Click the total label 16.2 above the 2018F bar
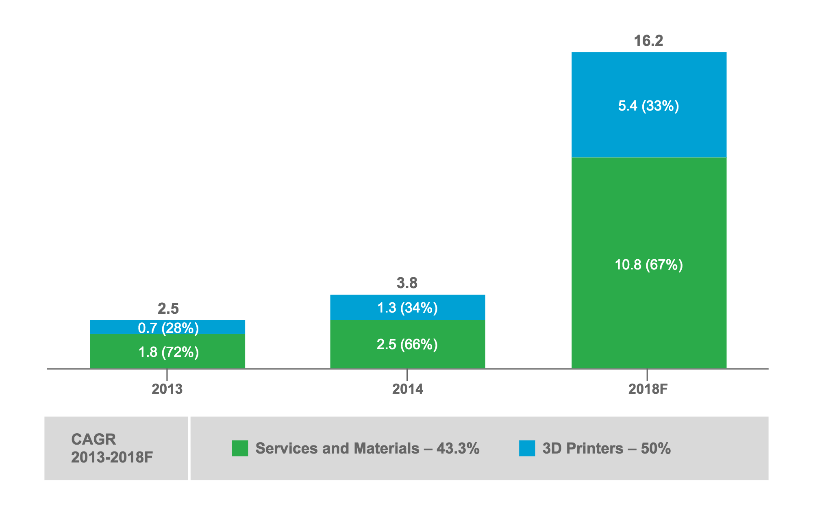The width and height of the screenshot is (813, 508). (x=648, y=41)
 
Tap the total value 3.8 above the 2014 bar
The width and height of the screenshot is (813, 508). (x=407, y=283)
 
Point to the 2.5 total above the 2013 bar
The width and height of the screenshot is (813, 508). (x=168, y=309)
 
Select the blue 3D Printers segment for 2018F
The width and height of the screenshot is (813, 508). (x=649, y=81)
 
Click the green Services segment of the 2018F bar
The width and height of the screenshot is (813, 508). (x=649, y=211)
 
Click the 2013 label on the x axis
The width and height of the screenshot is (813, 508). (x=167, y=389)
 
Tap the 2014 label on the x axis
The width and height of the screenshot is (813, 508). (x=407, y=389)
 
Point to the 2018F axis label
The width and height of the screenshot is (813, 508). (x=648, y=389)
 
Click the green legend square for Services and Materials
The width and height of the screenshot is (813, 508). (x=240, y=448)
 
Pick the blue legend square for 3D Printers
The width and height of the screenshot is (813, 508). (x=527, y=448)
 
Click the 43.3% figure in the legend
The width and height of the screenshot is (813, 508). (x=458, y=448)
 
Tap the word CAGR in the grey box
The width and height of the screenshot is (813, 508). (x=93, y=439)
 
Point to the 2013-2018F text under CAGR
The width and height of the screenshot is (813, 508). (x=112, y=458)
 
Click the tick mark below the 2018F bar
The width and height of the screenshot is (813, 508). (x=647, y=375)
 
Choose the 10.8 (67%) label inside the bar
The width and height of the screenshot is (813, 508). (x=649, y=265)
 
